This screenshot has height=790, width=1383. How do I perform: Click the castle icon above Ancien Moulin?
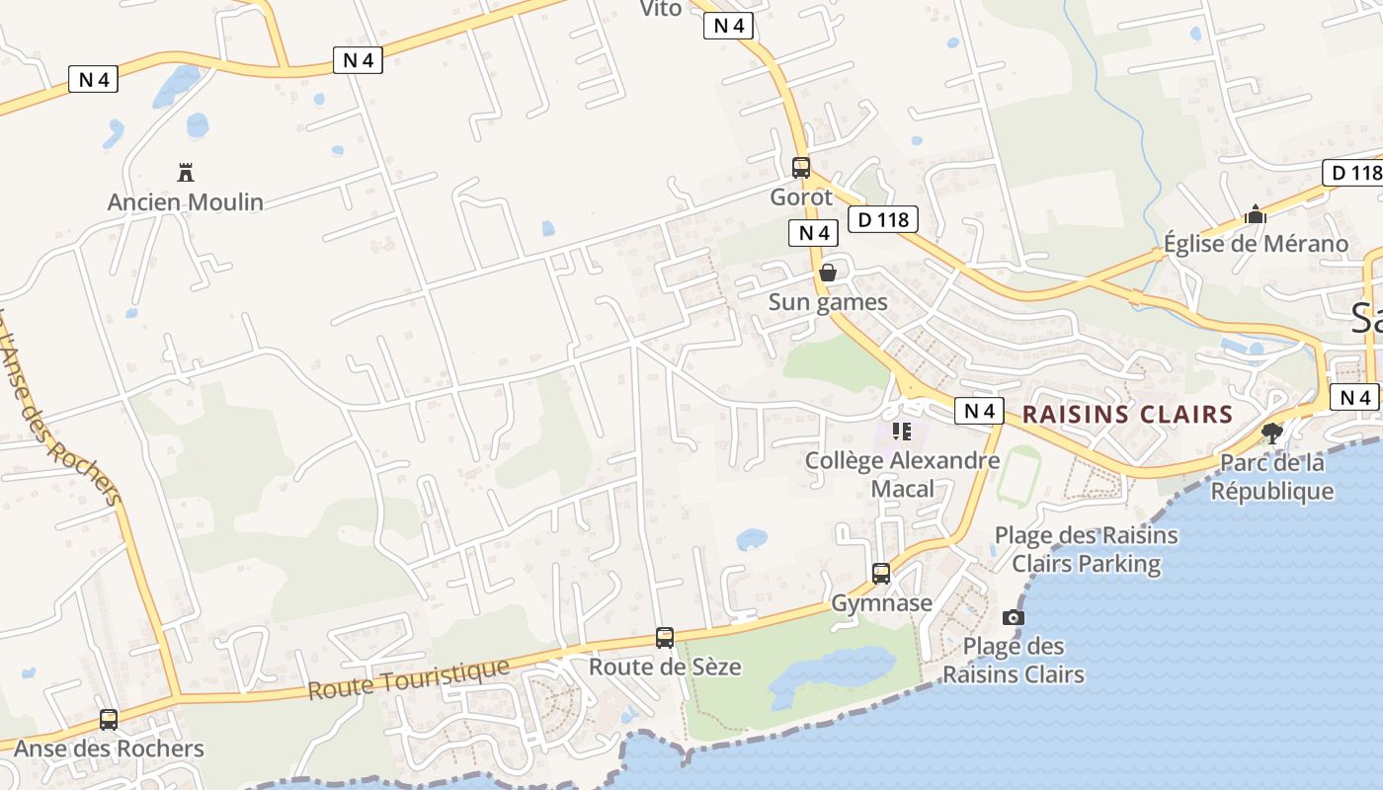185,173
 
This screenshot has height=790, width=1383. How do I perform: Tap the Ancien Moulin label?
185,202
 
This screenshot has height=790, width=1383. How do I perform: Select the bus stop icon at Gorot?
801,168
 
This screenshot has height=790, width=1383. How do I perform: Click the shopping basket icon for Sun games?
828,273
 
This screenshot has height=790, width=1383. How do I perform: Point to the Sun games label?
828,302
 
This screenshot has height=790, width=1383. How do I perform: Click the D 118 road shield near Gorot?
883,219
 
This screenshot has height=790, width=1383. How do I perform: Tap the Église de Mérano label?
1255,244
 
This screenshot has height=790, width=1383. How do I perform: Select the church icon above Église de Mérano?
1255,214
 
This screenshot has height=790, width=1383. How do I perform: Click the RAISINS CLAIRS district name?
1127,414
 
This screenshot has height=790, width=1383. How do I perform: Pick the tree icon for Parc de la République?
1272,433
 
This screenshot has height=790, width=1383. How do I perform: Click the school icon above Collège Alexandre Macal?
901,431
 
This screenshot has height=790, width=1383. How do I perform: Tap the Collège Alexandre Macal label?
902,474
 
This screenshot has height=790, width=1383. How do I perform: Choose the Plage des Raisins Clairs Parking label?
1086,549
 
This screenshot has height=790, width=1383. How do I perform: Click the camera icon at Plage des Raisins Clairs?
1013,618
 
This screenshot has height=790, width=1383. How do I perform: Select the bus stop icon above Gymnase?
881,574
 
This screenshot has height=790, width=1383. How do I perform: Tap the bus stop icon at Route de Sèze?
665,638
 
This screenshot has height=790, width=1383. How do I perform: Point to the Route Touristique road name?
408,679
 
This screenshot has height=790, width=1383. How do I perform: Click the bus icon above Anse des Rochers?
109,720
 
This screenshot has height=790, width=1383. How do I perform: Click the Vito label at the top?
661,9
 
